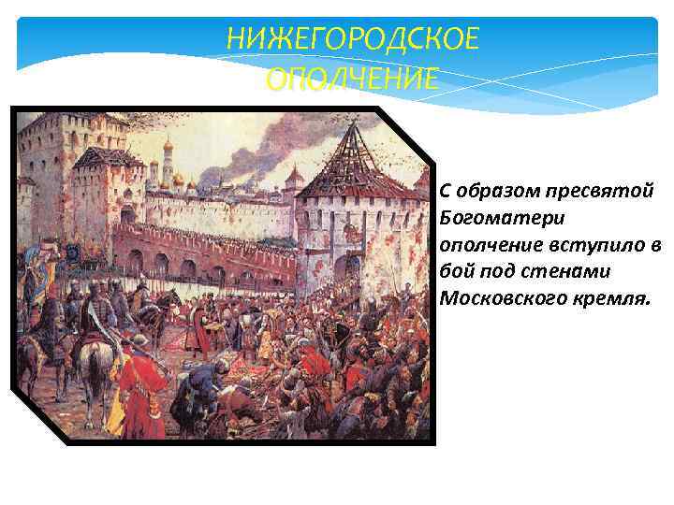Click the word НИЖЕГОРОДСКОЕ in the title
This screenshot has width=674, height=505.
pyautogui.click(x=352, y=40)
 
